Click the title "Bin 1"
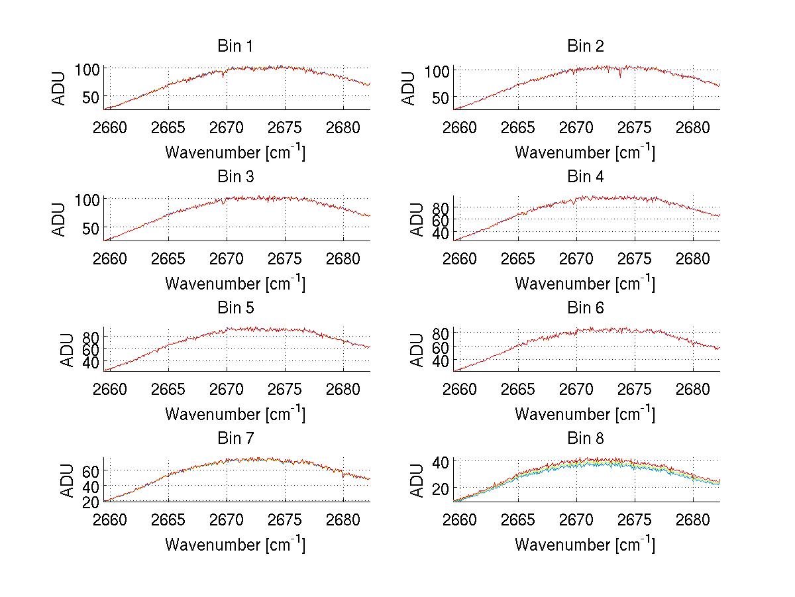tap(235, 46)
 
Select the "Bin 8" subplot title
tap(586, 439)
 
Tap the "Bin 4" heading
tap(586, 177)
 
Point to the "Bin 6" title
tap(586, 308)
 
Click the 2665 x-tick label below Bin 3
tap(168, 258)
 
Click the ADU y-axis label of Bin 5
tap(68, 349)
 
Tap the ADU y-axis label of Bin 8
tap(418, 480)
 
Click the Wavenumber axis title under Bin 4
tap(585, 283)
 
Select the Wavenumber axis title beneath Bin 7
tap(235, 544)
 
